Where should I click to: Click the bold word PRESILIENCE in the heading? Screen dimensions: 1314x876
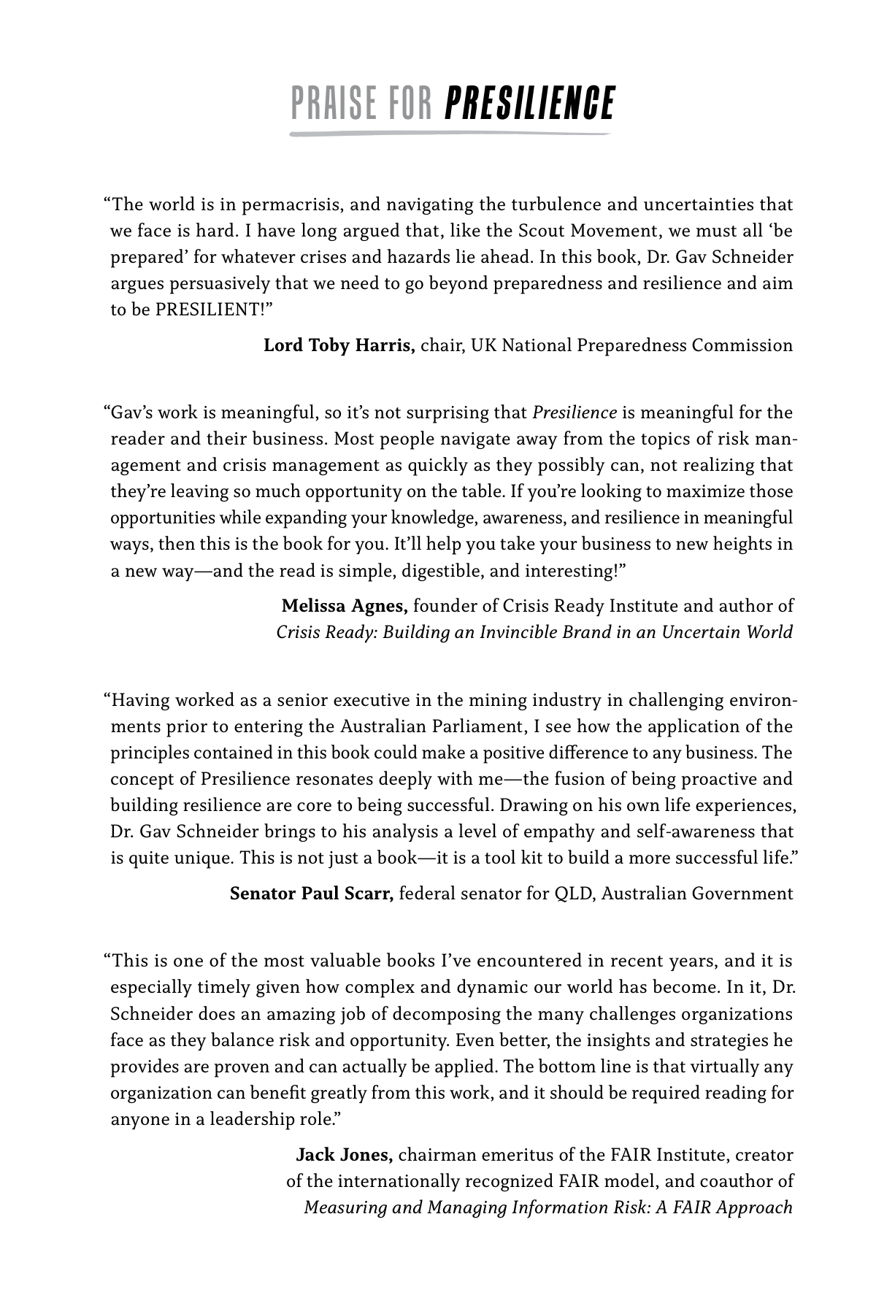pyautogui.click(x=529, y=104)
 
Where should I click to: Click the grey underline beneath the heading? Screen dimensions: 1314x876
pyautogui.click(x=449, y=134)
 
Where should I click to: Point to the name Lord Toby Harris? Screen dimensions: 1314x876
pyautogui.click(x=339, y=345)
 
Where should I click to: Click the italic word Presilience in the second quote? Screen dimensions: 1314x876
pyautogui.click(x=575, y=413)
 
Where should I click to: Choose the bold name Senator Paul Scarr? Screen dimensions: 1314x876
pyautogui.click(x=312, y=894)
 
